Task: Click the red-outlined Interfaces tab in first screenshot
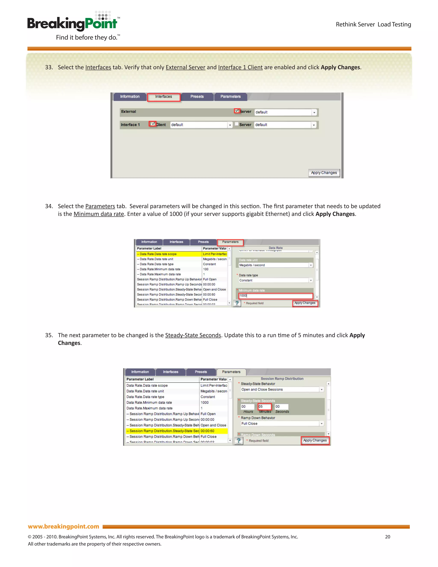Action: tap(163, 97)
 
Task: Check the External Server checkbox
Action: tap(237, 111)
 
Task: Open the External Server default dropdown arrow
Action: tap(314, 112)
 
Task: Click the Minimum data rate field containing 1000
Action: tap(275, 296)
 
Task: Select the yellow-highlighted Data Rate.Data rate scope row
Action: tap(169, 254)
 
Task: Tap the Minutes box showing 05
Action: tap(264, 407)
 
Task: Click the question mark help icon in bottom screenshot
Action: tap(239, 441)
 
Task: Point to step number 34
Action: tap(49, 206)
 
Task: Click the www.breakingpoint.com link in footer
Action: tap(64, 526)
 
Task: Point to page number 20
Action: tap(387, 537)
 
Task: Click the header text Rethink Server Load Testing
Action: tap(373, 24)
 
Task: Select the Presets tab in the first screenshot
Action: tap(197, 96)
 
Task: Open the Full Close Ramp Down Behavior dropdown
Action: tap(321, 424)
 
